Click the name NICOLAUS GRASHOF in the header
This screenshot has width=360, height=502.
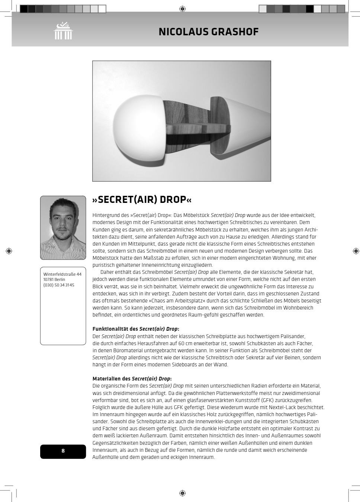click(208, 32)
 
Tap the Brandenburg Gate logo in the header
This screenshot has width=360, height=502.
click(63, 31)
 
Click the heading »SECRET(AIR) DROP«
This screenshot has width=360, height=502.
click(142, 200)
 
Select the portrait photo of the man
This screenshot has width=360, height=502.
click(63, 227)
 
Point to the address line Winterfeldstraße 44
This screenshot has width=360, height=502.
click(62, 274)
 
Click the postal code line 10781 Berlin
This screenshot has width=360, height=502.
click(54, 279)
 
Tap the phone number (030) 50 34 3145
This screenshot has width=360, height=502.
click(59, 285)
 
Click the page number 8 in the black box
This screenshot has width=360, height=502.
click(63, 451)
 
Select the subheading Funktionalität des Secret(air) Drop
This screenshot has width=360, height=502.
click(135, 329)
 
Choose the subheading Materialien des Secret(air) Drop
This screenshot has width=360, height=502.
click(132, 379)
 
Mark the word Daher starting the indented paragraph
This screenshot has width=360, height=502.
click(107, 272)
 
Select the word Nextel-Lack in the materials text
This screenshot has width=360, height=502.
click(282, 407)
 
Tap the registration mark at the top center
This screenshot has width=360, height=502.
click(182, 9)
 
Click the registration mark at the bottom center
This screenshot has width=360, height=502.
click(182, 493)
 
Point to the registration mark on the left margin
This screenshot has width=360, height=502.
click(9, 251)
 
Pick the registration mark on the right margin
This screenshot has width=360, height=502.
click(356, 251)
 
